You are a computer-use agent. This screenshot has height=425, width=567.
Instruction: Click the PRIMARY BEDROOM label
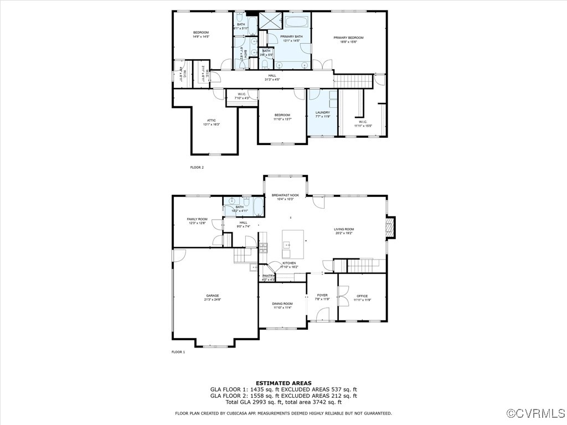point(348,38)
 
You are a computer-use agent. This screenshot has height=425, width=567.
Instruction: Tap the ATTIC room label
point(212,120)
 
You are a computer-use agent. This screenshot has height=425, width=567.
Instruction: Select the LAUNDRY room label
point(322,112)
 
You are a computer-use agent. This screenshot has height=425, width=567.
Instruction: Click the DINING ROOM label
point(282,304)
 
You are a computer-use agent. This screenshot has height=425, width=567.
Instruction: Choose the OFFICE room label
point(362,296)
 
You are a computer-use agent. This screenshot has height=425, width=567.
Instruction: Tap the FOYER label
point(322,296)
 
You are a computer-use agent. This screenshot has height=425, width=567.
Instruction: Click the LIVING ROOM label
point(344,229)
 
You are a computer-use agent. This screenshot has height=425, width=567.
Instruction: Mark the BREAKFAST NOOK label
point(285,196)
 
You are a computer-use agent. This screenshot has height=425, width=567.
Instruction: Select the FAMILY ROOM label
point(197,219)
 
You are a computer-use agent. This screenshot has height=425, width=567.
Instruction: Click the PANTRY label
point(269,276)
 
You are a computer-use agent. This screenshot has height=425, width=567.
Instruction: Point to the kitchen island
point(293,241)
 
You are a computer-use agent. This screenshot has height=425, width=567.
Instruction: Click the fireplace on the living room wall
point(391,227)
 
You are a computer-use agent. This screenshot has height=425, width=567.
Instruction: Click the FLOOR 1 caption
point(178,351)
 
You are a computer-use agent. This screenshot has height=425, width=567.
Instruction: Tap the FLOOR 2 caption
point(197,167)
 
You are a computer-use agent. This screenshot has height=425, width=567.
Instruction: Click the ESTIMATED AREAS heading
point(283,383)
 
